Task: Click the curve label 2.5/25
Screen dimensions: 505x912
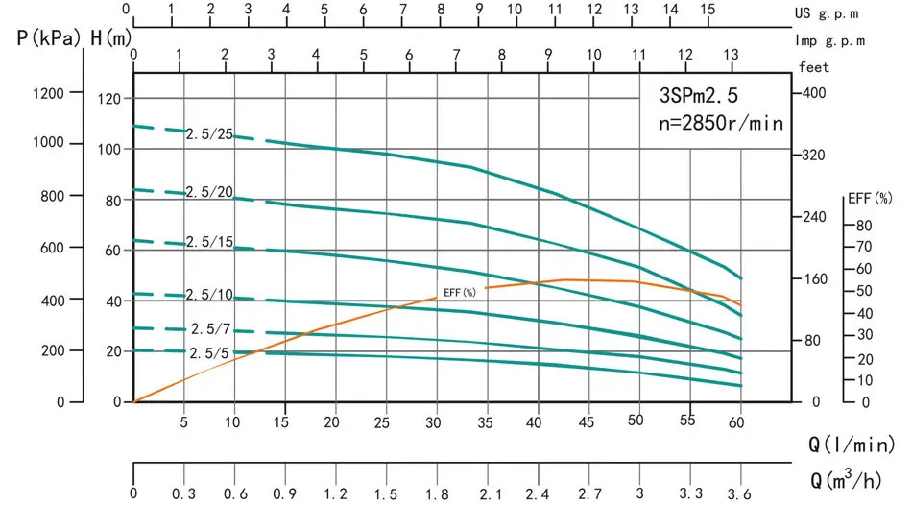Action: coord(209,134)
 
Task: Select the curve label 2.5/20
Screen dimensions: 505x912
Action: coord(210,193)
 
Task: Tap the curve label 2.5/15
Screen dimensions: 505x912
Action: coord(209,243)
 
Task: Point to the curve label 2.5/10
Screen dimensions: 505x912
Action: coord(209,294)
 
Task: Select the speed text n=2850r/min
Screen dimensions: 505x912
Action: coord(720,124)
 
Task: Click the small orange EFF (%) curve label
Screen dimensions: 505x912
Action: coord(460,292)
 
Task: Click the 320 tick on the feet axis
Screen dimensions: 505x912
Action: coord(813,155)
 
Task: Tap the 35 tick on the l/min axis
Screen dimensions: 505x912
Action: coord(487,421)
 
